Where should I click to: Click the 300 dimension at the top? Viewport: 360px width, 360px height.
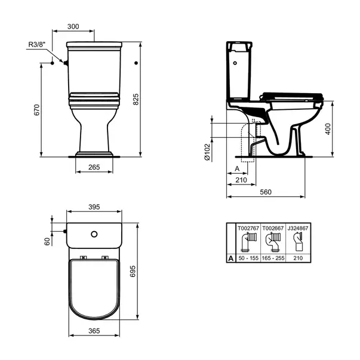click(73, 27)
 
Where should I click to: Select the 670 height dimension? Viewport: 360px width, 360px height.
click(37, 110)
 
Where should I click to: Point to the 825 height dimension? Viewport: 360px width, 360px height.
click(136, 99)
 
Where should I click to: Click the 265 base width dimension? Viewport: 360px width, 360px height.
click(94, 167)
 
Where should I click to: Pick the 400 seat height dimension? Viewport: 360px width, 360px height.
click(328, 129)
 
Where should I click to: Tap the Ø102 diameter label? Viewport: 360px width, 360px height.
click(207, 152)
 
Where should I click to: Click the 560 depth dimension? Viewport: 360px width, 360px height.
click(266, 192)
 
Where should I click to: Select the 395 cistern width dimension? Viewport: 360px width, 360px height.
click(94, 207)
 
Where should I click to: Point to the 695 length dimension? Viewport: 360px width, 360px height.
click(133, 272)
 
